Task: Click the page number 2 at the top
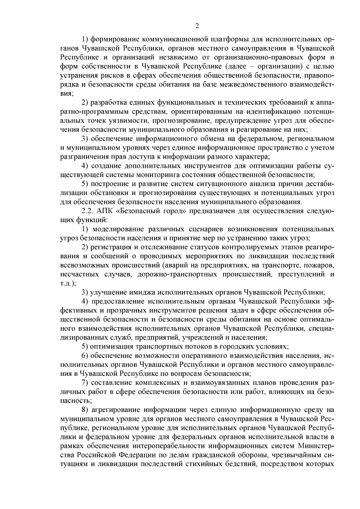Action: (197, 26)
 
